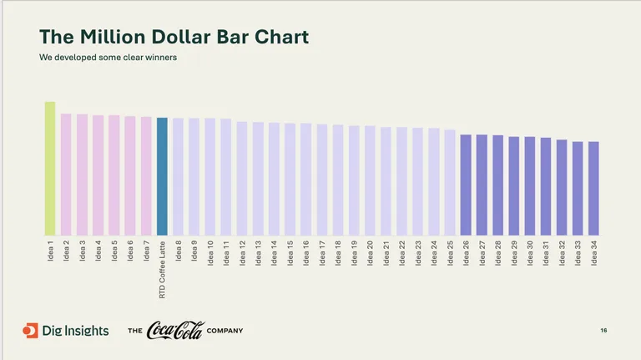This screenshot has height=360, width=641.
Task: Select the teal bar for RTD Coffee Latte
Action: click(162, 176)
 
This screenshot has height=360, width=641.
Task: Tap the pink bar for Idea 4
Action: click(98, 175)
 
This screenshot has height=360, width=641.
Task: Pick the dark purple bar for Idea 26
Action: click(466, 185)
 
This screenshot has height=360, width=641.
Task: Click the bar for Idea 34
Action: click(593, 188)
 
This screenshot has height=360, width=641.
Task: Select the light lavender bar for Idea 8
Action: click(178, 176)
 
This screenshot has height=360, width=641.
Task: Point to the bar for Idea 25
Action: click(450, 182)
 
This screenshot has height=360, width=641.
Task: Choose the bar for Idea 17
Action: click(322, 180)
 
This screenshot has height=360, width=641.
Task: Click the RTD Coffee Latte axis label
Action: click(163, 270)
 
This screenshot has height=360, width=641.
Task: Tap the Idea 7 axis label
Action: click(147, 251)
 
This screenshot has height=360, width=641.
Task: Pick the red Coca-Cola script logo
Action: click(174, 331)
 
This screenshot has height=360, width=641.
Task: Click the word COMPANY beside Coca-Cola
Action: click(225, 332)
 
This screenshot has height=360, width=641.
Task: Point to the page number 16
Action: click(603, 332)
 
